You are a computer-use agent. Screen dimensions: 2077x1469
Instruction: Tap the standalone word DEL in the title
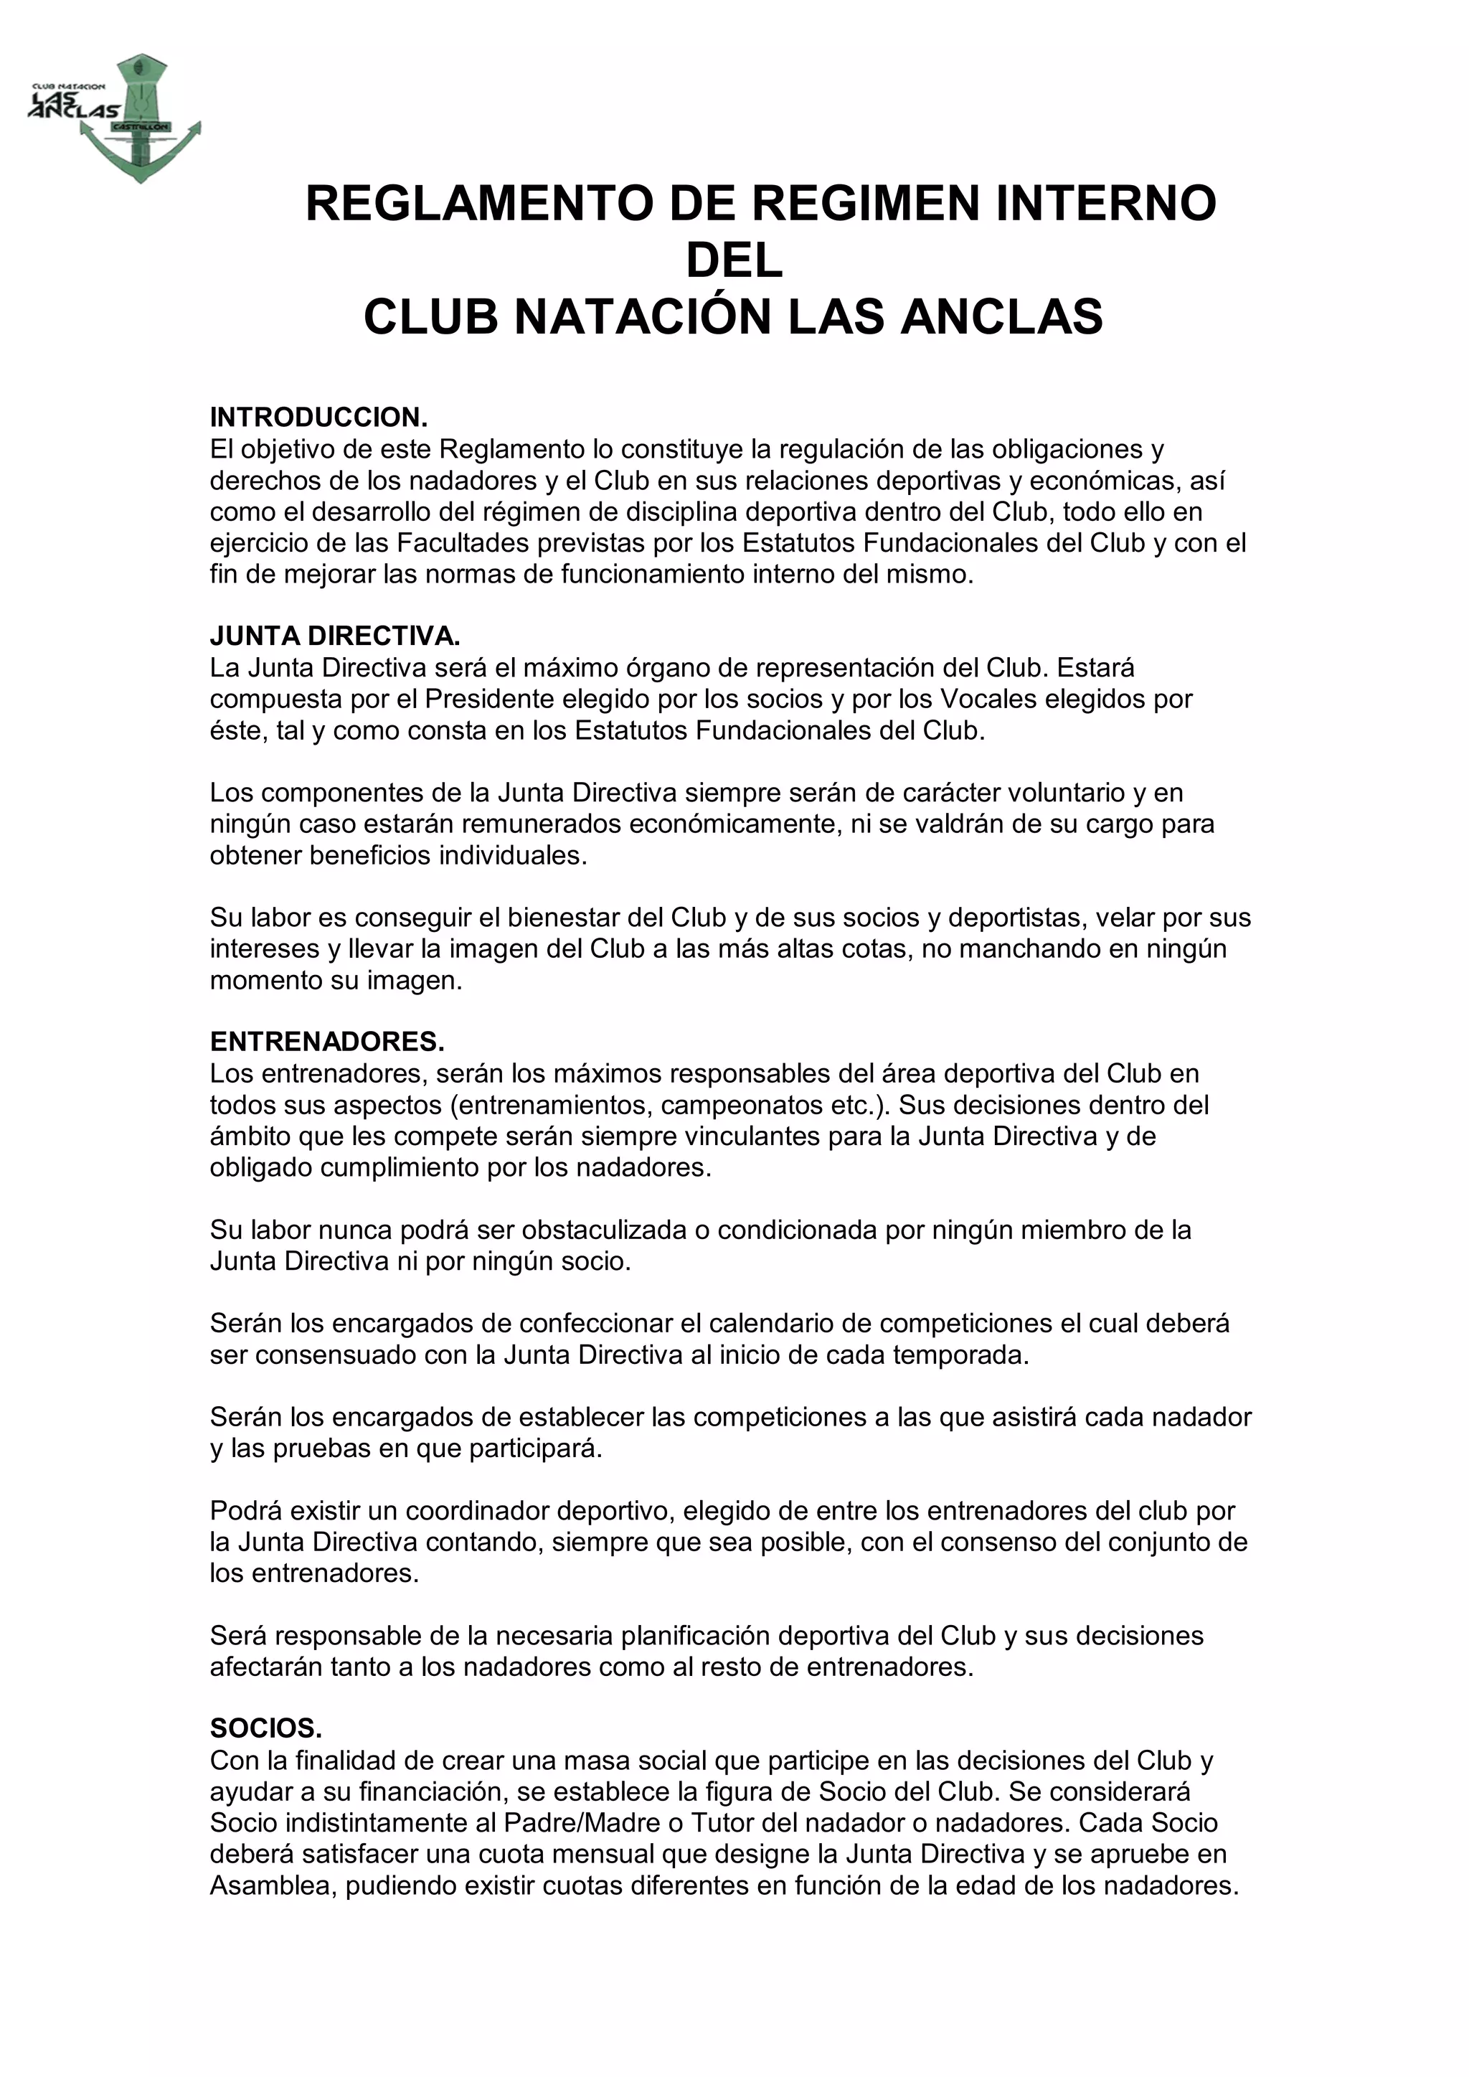734,260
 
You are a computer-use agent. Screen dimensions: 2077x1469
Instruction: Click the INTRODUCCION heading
318,418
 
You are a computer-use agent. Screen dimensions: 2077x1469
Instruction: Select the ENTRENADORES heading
326,1042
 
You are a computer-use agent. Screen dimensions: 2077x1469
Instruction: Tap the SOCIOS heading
266,1729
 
